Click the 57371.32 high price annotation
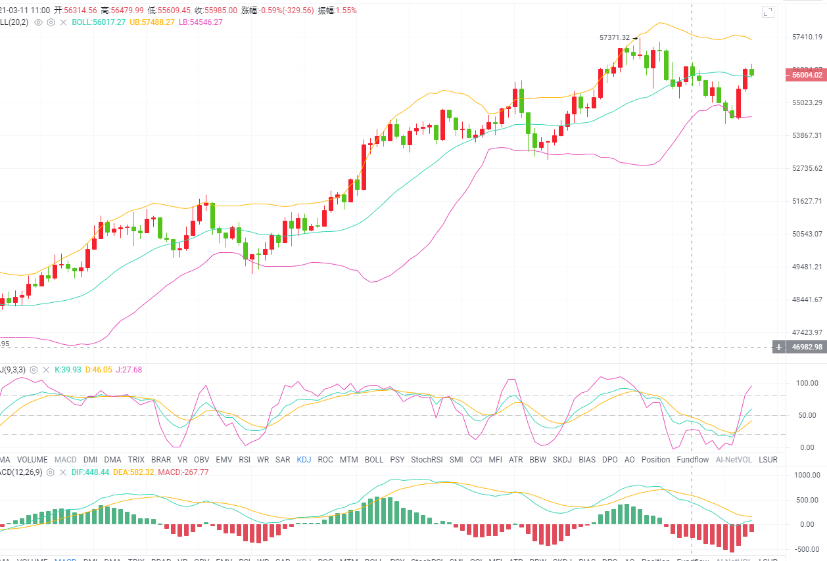[x=615, y=37]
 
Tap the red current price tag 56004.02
[x=806, y=75]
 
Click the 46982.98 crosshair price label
[x=807, y=347]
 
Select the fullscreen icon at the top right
[x=768, y=12]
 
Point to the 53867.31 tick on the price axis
[x=807, y=135]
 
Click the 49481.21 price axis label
[x=807, y=267]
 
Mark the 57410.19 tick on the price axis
[x=807, y=37]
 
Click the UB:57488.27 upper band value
[x=152, y=22]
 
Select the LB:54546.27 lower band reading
[x=201, y=22]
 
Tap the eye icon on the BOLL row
[x=38, y=22]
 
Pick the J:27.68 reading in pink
[x=129, y=370]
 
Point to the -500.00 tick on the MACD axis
[x=806, y=549]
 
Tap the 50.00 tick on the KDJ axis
[x=805, y=415]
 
